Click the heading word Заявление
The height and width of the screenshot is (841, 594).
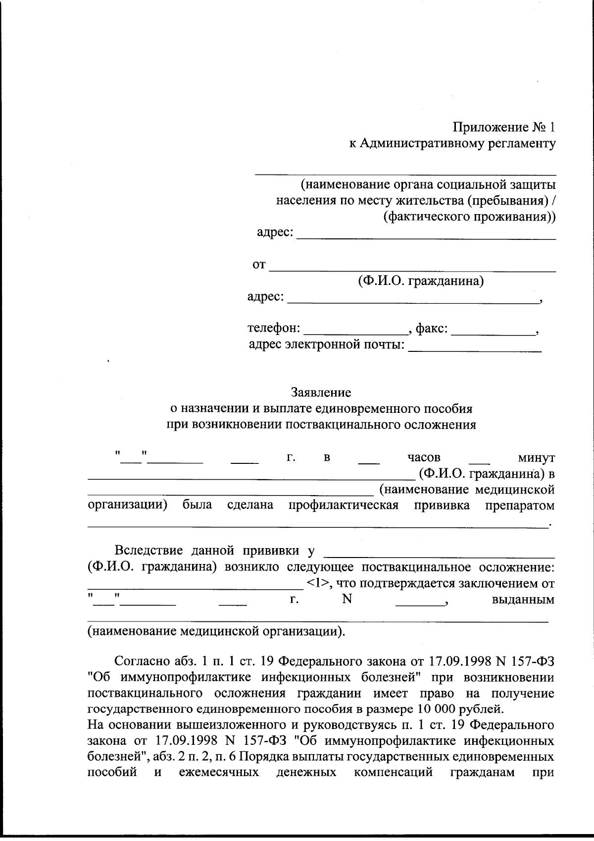pos(321,393)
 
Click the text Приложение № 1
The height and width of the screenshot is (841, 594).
pos(504,127)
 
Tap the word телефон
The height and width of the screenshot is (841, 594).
pos(273,328)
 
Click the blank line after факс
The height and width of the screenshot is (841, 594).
pos(493,331)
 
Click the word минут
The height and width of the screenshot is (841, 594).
pos(535,457)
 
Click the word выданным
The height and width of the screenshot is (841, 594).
pos(523,600)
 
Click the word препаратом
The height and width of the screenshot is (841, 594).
pos(520,505)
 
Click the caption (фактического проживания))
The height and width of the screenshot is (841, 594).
pos(469,217)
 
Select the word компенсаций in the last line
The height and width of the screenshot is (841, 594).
pos(393,773)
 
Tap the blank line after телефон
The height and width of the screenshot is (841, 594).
pos(355,331)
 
